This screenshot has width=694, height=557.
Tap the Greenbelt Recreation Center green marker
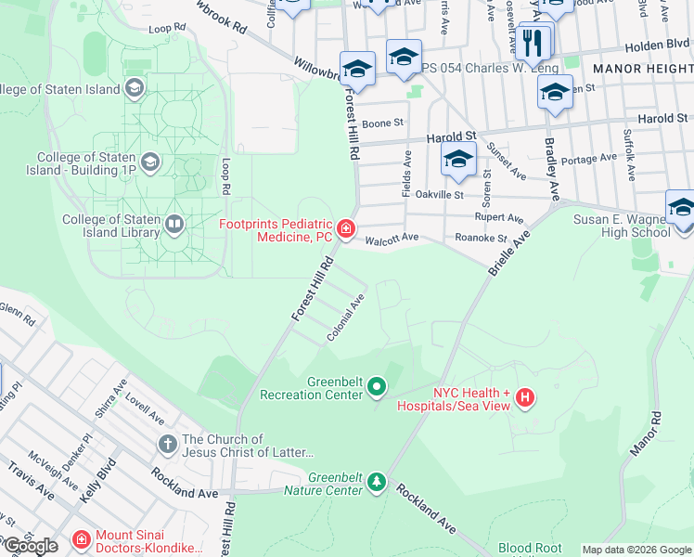click(x=377, y=385)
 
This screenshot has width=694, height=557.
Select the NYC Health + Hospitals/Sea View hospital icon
click(x=525, y=397)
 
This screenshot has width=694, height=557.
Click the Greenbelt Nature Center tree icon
click(x=376, y=481)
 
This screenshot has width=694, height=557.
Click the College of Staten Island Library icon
click(x=173, y=224)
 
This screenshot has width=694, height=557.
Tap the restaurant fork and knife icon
click(x=533, y=42)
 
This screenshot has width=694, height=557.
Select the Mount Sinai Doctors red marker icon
click(x=82, y=539)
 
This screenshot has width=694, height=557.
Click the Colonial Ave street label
click(x=346, y=318)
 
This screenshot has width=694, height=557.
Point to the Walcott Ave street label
click(x=396, y=238)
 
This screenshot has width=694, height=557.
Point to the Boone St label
click(x=382, y=123)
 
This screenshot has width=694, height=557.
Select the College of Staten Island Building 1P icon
click(x=150, y=162)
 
